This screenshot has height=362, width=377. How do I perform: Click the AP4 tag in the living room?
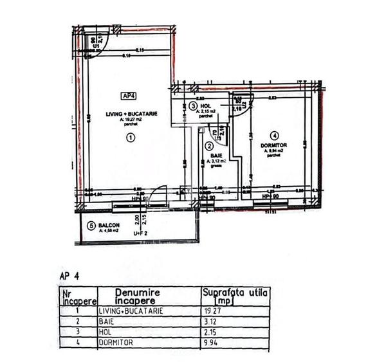click(x=129, y=96)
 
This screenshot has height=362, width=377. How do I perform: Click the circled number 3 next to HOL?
click(x=193, y=106)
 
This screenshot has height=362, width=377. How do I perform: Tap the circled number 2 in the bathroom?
click(x=209, y=146)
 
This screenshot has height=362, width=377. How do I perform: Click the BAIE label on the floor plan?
click(x=208, y=155)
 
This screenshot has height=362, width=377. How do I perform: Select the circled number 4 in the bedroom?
click(x=275, y=136)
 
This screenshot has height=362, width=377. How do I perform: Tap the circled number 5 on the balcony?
click(x=91, y=226)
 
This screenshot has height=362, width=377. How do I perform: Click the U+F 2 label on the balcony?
click(x=141, y=233)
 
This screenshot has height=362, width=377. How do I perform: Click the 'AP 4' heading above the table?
click(x=68, y=275)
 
